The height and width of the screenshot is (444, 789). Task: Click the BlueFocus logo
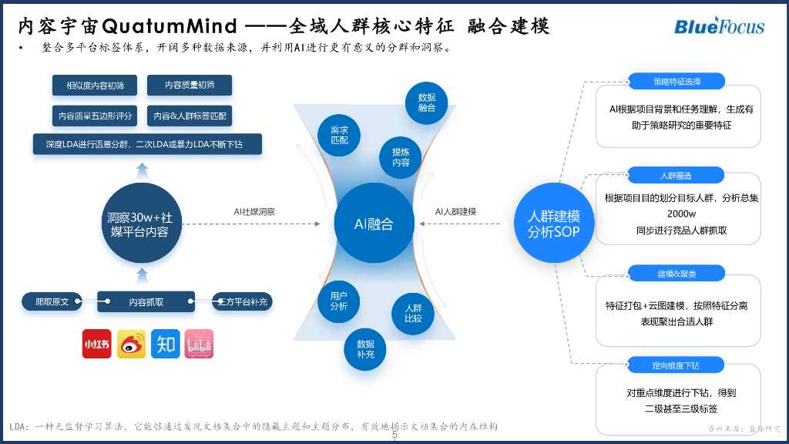[x=719, y=25]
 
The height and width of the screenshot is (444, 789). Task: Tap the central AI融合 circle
[x=374, y=224]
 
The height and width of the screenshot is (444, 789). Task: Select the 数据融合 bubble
[x=427, y=103]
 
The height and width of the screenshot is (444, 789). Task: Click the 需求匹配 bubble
[x=339, y=135]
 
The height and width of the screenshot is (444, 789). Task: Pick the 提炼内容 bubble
[x=401, y=157]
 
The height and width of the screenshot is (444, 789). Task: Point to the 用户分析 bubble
[x=339, y=301]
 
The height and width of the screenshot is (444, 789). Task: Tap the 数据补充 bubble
[x=365, y=349]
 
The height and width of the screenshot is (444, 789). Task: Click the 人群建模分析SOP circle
[x=554, y=224]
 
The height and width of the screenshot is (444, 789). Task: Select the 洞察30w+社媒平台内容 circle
[x=139, y=224]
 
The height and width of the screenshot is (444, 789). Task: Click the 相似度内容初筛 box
[x=95, y=86]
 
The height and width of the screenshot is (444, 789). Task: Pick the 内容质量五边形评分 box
[x=95, y=116]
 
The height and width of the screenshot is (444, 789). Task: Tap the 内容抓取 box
[x=146, y=302]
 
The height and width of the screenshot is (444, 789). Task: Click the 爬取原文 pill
[x=52, y=302]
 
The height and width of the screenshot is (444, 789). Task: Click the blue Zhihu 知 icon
[x=165, y=344]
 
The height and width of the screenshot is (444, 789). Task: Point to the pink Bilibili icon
[x=199, y=344]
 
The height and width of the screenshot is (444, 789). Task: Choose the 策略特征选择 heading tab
[x=677, y=81]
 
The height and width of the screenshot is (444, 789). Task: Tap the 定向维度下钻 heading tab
[x=677, y=364]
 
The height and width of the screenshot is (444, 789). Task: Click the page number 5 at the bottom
[x=394, y=435]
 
